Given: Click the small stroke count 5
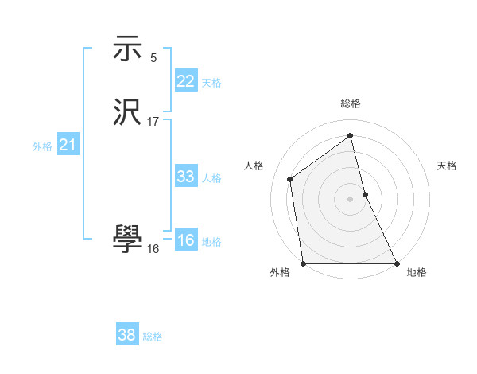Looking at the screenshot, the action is (153, 57).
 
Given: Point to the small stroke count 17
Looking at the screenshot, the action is (153, 122).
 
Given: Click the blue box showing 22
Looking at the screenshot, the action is (185, 81).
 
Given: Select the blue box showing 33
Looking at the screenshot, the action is (185, 177).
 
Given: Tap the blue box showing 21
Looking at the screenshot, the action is (68, 145).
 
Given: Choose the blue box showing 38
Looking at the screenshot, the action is (126, 335).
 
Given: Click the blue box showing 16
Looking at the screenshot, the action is (185, 240).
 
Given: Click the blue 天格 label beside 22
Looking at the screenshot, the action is (211, 83).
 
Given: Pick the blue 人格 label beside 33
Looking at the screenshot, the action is (211, 178).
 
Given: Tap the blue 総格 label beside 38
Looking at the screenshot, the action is (152, 337).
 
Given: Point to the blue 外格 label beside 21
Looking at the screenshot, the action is (42, 146).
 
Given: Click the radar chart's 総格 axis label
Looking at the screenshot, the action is (351, 103).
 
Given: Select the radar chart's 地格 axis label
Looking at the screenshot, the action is (417, 272).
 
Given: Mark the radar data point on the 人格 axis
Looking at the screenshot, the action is (290, 179).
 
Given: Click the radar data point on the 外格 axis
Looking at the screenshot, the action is (303, 263).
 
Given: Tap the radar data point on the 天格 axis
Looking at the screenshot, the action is (365, 194).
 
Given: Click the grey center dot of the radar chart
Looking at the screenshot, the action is (351, 199).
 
